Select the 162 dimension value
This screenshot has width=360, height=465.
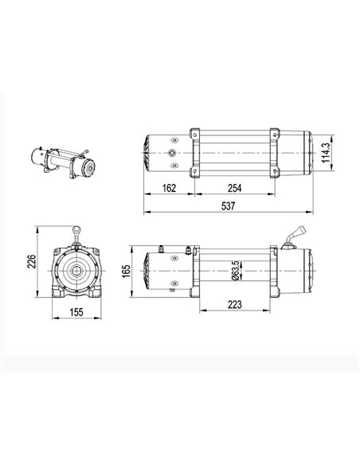click(x=166, y=188)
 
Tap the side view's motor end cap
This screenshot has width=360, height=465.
click(x=147, y=270)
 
